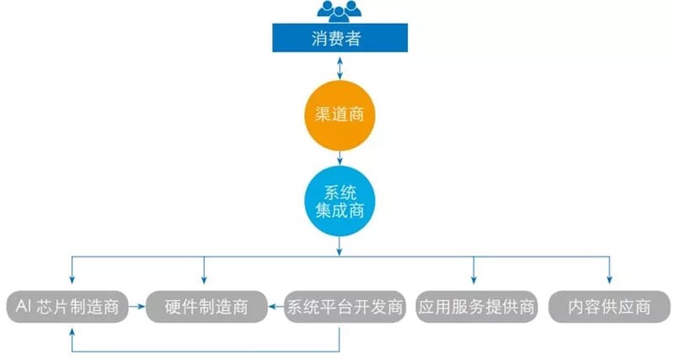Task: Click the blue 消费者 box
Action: (339, 38)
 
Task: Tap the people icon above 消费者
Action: (339, 11)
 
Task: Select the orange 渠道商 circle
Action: (339, 114)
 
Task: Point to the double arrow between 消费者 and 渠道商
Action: (339, 67)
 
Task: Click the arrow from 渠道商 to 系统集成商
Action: (339, 157)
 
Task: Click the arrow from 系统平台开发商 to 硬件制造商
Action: (275, 307)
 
